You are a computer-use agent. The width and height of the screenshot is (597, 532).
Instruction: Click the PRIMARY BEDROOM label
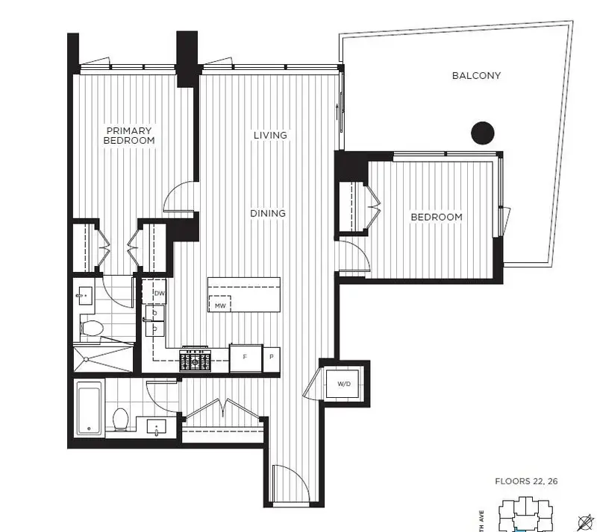click(130, 135)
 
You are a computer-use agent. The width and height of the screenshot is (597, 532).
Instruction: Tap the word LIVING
click(270, 135)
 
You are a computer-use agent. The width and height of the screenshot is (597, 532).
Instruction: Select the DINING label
click(268, 213)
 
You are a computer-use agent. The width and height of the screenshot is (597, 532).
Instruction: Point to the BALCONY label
click(476, 75)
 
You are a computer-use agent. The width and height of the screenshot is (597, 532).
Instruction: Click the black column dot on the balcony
click(483, 133)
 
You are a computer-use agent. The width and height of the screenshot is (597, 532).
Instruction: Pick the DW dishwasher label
click(158, 294)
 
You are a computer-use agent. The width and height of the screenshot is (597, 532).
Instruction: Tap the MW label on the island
click(220, 305)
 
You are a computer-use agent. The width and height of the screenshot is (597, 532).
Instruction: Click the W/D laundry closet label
click(344, 384)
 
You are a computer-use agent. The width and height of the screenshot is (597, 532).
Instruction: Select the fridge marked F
click(245, 358)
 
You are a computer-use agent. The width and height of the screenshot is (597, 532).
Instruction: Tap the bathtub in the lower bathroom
click(90, 408)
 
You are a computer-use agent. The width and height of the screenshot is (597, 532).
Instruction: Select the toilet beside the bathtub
click(120, 419)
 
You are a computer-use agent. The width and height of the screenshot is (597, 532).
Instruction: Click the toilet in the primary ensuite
click(92, 328)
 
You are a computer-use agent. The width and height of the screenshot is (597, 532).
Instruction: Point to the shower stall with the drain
click(103, 358)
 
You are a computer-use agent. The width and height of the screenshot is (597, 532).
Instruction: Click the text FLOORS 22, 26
click(527, 481)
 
